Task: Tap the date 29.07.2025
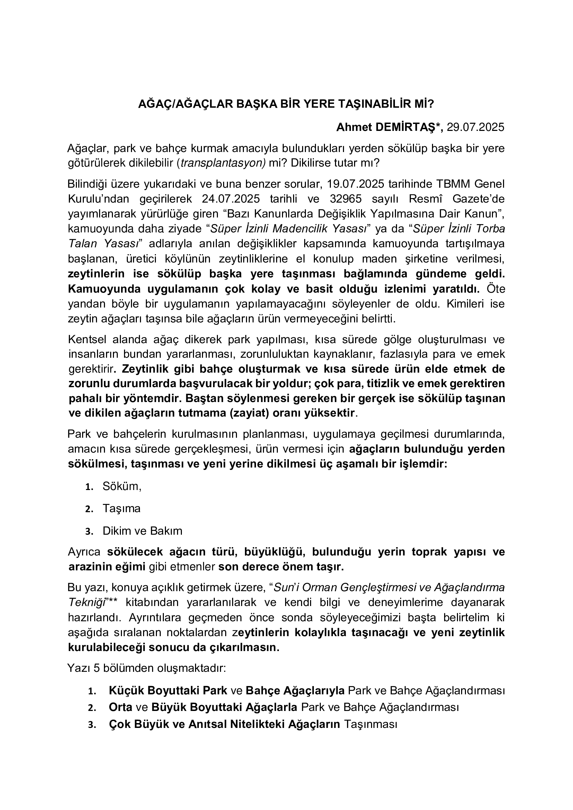pyautogui.click(x=476, y=127)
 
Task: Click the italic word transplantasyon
pyautogui.click(x=222, y=163)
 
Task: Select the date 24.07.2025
pyautogui.click(x=231, y=199)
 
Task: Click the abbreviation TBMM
pyautogui.click(x=455, y=184)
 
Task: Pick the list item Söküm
pyautogui.click(x=122, y=487)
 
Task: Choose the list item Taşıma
pyautogui.click(x=121, y=508)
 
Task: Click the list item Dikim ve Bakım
pyautogui.click(x=142, y=531)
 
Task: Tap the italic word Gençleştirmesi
pyautogui.click(x=381, y=587)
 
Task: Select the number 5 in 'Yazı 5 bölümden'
pyautogui.click(x=97, y=668)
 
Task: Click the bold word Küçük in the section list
pyautogui.click(x=126, y=691)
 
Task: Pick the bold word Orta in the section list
pyautogui.click(x=121, y=707)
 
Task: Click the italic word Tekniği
pyautogui.click(x=87, y=602)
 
